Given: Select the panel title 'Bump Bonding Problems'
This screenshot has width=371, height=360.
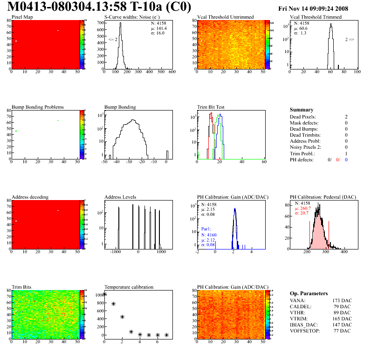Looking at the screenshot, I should click(x=38, y=107).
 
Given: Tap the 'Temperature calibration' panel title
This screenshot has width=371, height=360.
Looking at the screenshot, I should click(x=129, y=287).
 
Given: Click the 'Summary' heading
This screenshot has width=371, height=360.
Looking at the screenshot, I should click(x=302, y=110).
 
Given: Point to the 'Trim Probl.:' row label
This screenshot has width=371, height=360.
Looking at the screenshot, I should click(x=302, y=153).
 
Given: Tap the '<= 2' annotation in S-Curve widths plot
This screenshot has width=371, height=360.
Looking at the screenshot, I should click(x=113, y=40).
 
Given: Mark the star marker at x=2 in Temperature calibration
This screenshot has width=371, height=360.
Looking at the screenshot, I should click(x=122, y=317).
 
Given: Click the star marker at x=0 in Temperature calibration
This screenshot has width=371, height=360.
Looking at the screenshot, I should click(x=105, y=294).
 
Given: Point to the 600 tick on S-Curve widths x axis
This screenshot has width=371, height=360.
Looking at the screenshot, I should click(x=172, y=72).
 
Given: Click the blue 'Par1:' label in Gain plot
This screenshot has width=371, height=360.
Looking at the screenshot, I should click(x=206, y=229).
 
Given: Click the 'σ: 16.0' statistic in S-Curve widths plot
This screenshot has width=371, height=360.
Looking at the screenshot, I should click(x=158, y=33).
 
